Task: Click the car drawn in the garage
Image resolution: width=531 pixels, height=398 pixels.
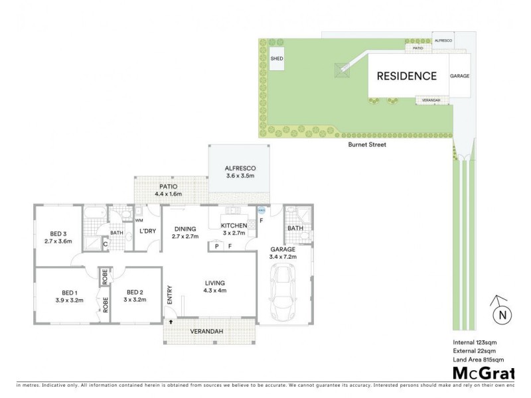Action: coord(283,293)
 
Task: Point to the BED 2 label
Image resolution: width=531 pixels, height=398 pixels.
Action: coord(135,292)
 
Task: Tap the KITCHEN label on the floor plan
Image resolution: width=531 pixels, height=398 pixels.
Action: coord(234,226)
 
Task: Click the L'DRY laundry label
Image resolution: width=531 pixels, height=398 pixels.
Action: coord(147,231)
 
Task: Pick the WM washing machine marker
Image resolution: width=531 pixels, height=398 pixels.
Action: coord(139,220)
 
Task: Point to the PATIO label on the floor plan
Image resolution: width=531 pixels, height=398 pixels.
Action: coord(167,186)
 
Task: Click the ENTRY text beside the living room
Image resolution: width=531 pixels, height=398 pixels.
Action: coord(171,295)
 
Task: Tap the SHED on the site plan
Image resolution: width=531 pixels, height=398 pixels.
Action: coord(277,59)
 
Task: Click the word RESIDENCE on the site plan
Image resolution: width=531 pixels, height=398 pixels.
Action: coord(406,76)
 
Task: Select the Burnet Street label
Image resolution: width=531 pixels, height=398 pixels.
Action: coord(367,144)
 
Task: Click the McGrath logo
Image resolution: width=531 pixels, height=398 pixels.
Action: coord(483,373)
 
